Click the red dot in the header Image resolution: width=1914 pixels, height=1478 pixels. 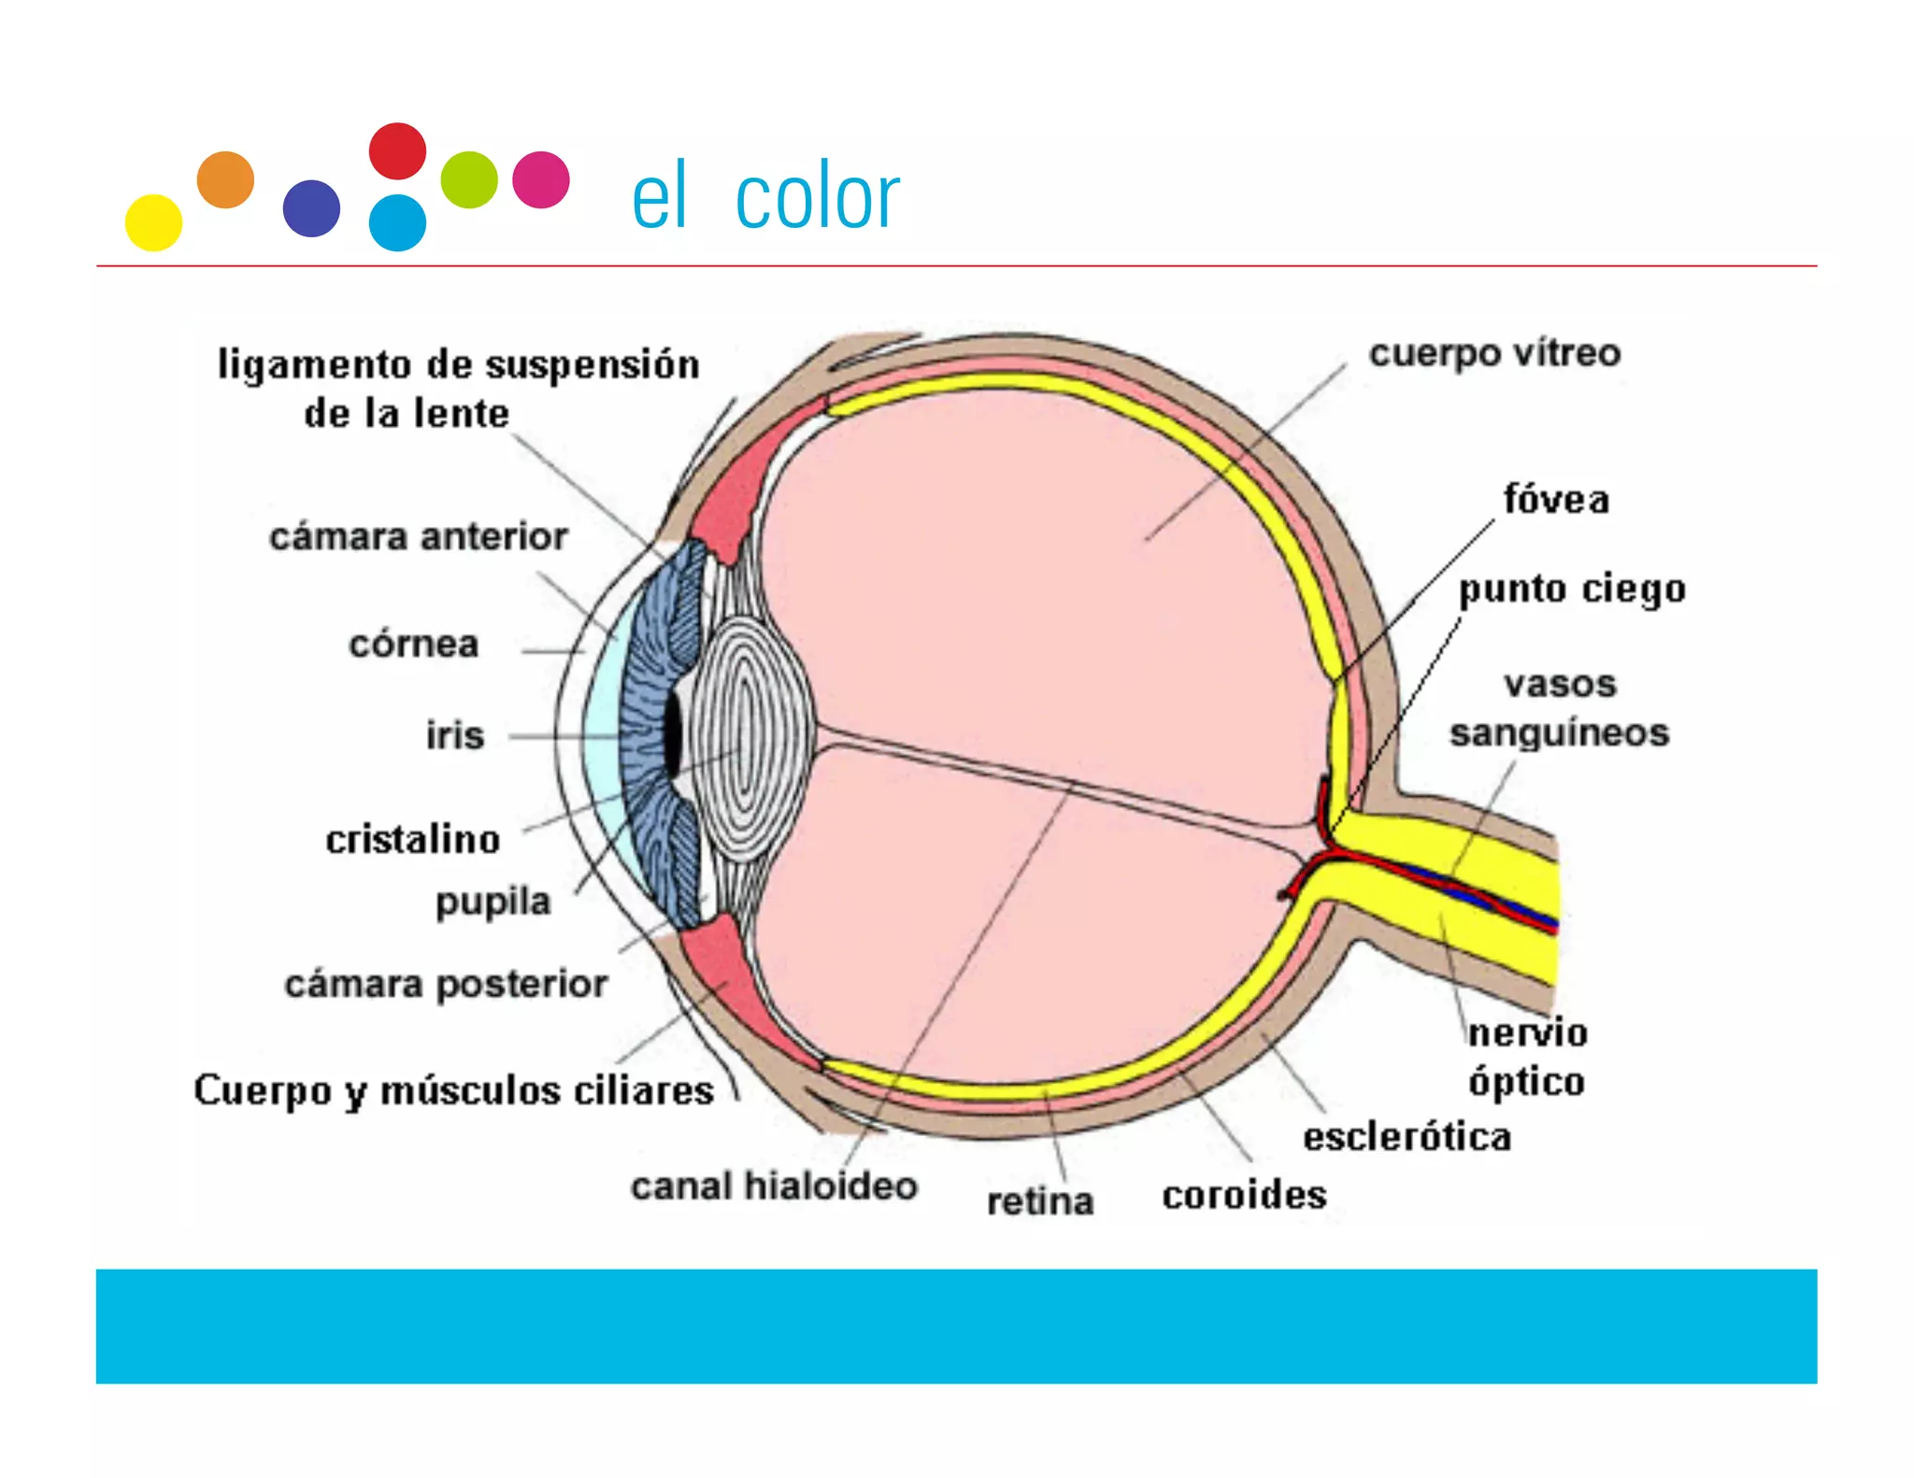tap(397, 150)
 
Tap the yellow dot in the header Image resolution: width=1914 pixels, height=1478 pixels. tap(153, 222)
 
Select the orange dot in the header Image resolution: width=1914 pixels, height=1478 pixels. tap(225, 179)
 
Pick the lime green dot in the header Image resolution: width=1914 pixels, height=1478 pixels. tap(469, 179)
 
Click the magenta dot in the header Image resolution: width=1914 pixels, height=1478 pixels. tap(541, 179)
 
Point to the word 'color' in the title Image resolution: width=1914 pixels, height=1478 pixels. tap(817, 198)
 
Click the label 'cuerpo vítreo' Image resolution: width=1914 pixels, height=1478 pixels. tap(1494, 353)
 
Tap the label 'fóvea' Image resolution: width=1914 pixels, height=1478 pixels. tap(1556, 500)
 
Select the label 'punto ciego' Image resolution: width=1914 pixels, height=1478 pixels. tap(1572, 590)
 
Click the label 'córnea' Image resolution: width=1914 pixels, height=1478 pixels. tap(414, 644)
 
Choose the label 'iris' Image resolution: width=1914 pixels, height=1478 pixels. tap(455, 735)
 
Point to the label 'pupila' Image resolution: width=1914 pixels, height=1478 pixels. tap(493, 902)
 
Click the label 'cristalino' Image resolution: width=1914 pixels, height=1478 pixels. tap(412, 839)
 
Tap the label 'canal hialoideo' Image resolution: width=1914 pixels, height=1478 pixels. tap(774, 1186)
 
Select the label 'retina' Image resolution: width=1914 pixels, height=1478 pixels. tap(1040, 1201)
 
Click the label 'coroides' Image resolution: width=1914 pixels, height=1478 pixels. tap(1244, 1195)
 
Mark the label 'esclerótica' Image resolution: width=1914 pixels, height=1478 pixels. tap(1407, 1137)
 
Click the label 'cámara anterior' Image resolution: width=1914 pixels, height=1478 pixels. tap(418, 537)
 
